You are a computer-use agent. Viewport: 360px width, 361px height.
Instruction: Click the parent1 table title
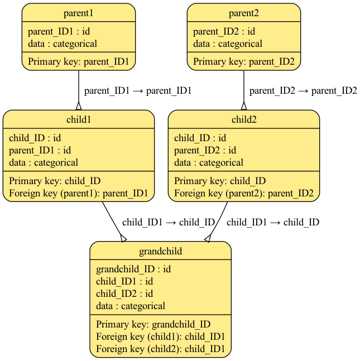79,13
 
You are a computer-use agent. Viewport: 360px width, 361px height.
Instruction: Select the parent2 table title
244,13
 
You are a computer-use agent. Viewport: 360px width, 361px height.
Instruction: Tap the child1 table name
79,120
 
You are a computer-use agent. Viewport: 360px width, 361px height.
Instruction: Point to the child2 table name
244,120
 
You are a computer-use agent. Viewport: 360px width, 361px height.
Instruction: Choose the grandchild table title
161,252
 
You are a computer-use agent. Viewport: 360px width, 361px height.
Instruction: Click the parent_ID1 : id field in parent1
59,31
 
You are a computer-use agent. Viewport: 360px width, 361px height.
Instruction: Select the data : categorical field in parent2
228,44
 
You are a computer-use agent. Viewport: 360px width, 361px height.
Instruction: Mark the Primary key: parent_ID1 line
78,61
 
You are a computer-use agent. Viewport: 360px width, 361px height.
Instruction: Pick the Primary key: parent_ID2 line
243,61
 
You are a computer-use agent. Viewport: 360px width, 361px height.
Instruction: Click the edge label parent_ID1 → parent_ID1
138,91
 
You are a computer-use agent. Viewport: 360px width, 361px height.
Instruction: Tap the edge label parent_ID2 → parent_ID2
303,91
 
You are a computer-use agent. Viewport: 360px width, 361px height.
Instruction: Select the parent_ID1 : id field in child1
40,150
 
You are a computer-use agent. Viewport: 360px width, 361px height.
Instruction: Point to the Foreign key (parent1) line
78,194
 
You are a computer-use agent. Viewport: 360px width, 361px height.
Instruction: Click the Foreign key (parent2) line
243,194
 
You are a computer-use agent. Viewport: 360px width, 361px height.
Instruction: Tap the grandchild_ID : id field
133,269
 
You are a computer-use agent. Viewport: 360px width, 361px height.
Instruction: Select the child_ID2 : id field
124,293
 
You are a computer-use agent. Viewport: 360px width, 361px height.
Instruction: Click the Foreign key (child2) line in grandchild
160,349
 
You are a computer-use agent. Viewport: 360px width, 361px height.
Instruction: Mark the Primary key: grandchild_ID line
153,324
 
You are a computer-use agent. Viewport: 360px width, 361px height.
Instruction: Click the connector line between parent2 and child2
244,89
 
